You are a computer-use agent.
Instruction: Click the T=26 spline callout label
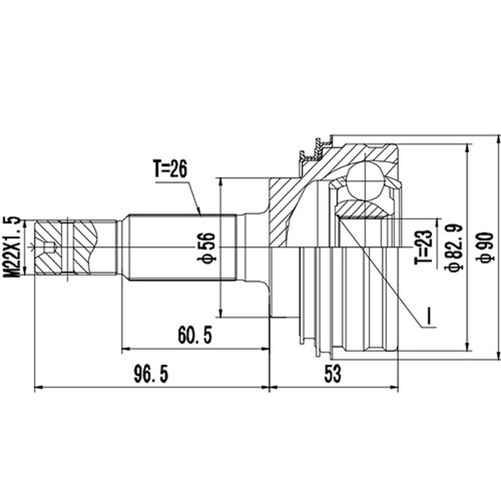click(x=170, y=169)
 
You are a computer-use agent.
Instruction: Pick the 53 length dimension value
click(x=333, y=374)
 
